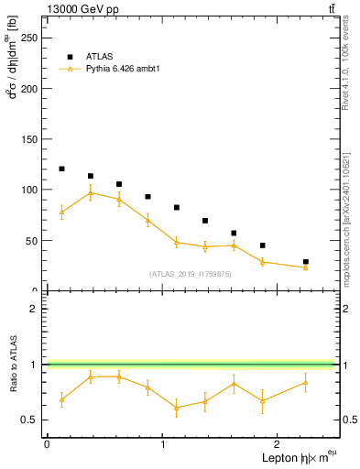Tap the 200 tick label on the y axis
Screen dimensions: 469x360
pyautogui.click(x=29, y=89)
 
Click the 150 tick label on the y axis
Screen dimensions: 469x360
pyautogui.click(x=29, y=139)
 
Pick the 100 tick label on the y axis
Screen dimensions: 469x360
pyautogui.click(x=29, y=190)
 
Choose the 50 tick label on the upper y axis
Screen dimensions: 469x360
pyautogui.click(x=32, y=240)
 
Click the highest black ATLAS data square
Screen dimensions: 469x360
pyautogui.click(x=61, y=169)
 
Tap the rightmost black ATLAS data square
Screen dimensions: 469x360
pyautogui.click(x=306, y=262)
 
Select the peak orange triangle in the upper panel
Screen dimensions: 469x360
pyautogui.click(x=90, y=193)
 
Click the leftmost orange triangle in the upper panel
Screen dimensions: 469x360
pyautogui.click(x=61, y=213)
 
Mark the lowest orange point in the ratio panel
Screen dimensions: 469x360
pyautogui.click(x=176, y=408)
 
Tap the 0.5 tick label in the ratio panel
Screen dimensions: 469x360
pyautogui.click(x=31, y=420)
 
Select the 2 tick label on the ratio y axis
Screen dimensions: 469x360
pyautogui.click(x=36, y=309)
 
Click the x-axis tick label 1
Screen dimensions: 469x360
pyautogui.click(x=162, y=443)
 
